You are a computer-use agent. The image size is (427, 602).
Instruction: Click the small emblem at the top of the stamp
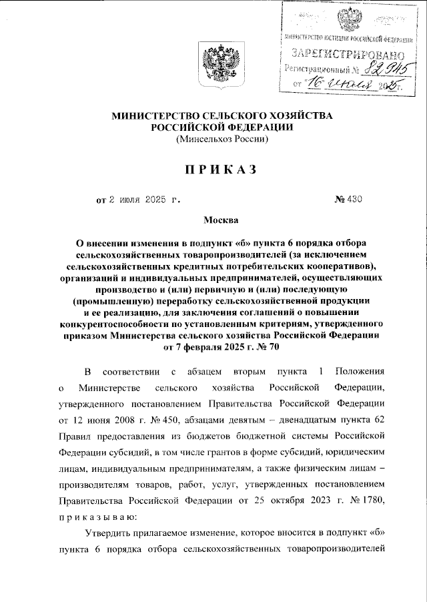pos(348,20)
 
